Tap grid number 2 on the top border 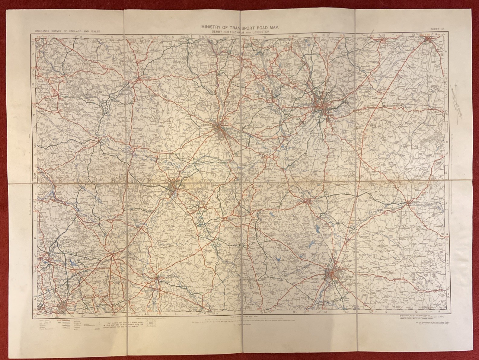(x=81, y=37)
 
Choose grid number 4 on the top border (x=142, y=37)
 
